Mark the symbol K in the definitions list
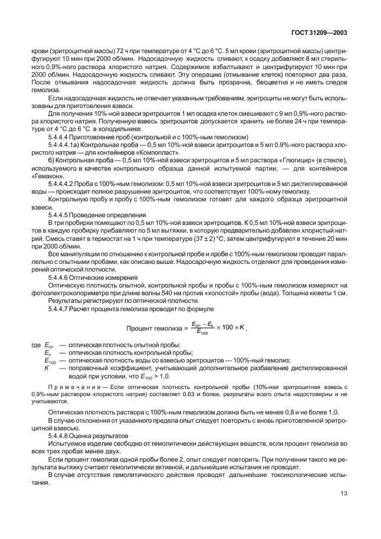coord(47,367)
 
